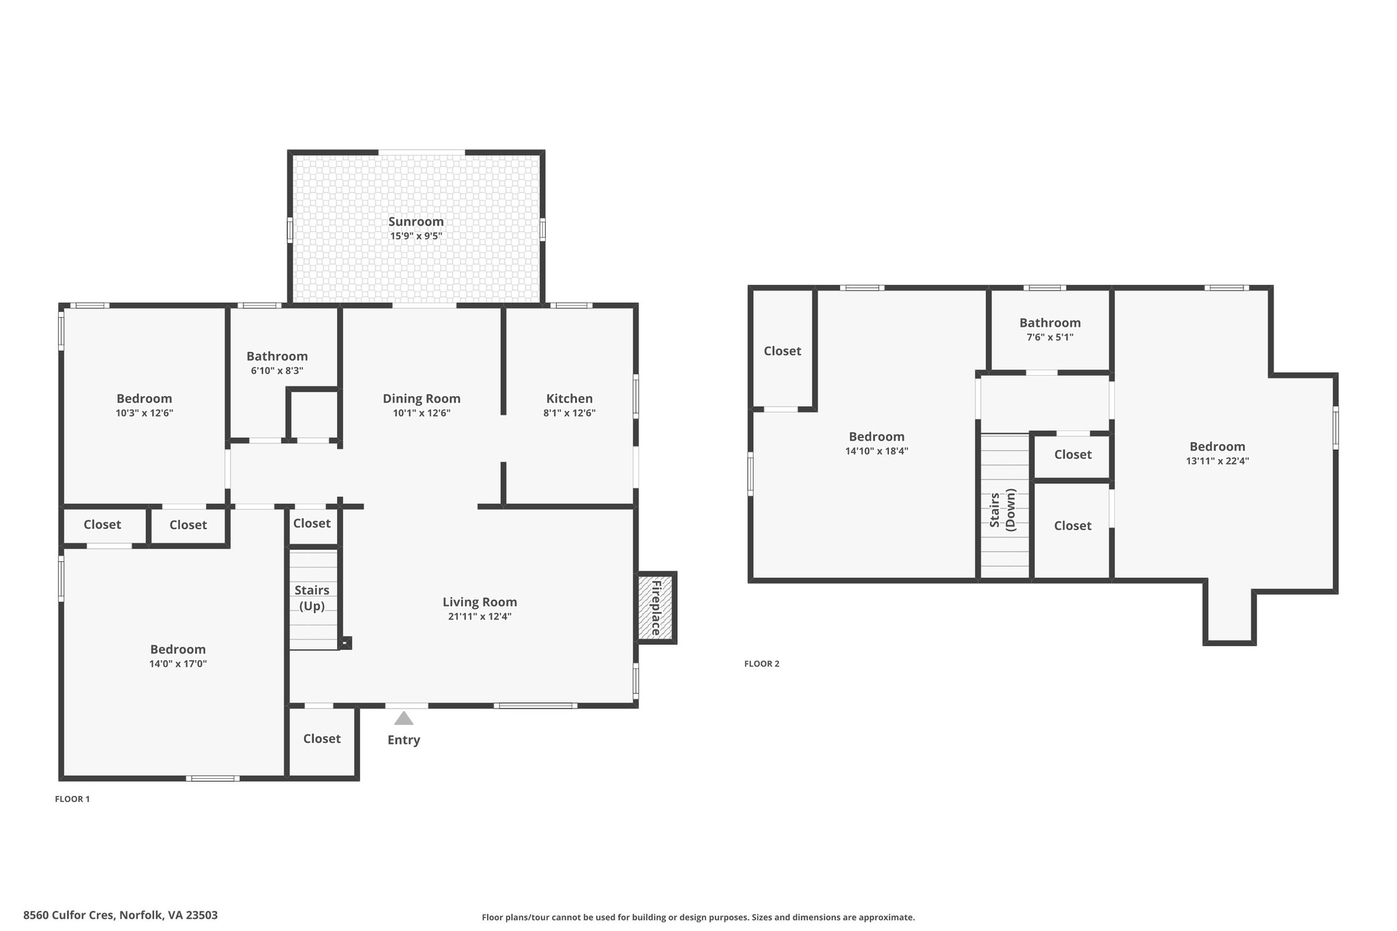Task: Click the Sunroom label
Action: (416, 222)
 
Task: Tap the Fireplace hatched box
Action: (656, 608)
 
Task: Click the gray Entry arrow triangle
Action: (404, 718)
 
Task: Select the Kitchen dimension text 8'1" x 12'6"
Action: (570, 413)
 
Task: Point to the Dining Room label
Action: (422, 399)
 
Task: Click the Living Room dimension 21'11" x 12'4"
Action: (480, 617)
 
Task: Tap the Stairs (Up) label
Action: (312, 597)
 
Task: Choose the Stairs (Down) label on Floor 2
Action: (1003, 510)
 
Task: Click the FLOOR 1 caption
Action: (72, 799)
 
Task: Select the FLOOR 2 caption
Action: (762, 664)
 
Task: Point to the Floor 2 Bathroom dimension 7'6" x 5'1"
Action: (1050, 337)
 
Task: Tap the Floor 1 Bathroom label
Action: (277, 357)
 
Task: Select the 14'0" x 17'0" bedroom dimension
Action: (178, 664)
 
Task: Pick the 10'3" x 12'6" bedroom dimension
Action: (145, 413)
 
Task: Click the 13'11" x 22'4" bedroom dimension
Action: (1218, 461)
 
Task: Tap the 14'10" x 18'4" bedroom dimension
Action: (877, 451)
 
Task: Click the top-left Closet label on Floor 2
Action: (782, 351)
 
